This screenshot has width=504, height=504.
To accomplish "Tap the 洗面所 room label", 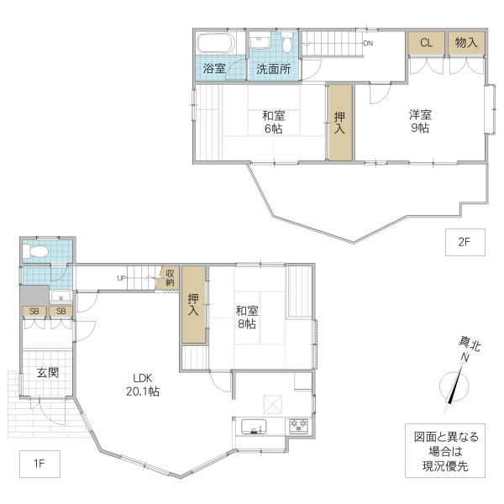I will coord(274,69).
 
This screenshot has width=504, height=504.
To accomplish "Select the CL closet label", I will coord(426,43).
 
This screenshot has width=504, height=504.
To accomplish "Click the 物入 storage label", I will coord(467,43).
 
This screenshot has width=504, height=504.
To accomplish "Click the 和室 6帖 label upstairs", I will coord(271,122).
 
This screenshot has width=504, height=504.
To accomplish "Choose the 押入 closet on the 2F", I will coord(340,123).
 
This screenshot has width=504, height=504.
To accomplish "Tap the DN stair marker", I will coord(368,43).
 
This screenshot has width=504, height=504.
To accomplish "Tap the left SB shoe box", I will coord(34,312).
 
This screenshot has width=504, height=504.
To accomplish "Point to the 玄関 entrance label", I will coord(47,372).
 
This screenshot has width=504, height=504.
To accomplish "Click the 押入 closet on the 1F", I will coord(194,304).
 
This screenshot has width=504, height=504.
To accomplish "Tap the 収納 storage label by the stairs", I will coord(169,278).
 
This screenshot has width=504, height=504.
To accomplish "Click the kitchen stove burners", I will coord(299,426).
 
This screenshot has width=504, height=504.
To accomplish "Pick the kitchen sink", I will coord(254,427).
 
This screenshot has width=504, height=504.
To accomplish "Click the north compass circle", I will coord(454,387).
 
